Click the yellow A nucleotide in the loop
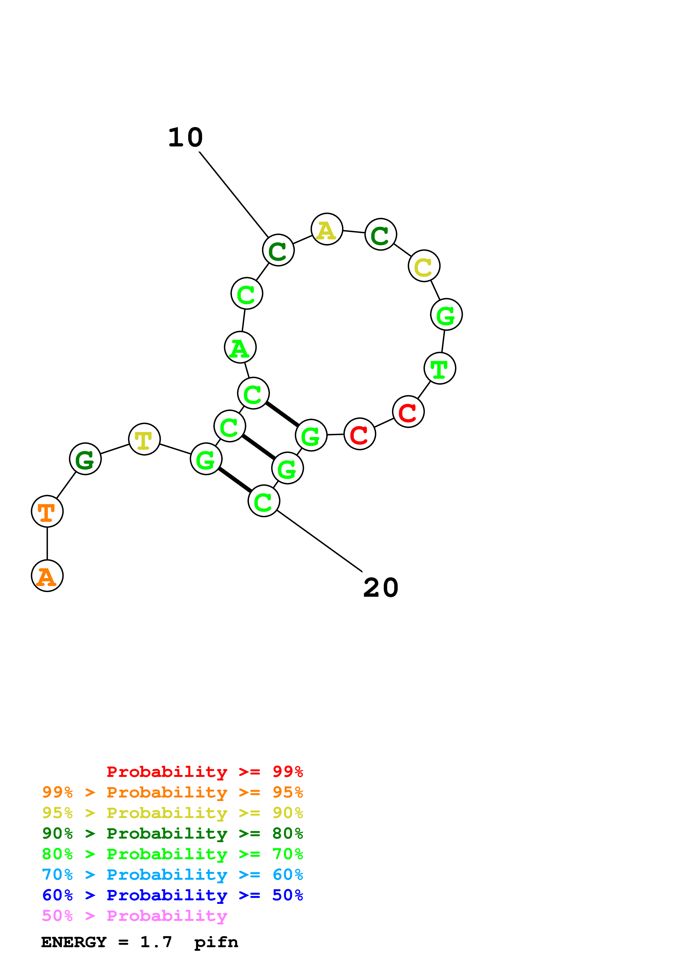coord(327,229)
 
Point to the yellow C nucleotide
coord(424,266)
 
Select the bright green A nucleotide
coord(240,347)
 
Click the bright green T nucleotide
coord(440,368)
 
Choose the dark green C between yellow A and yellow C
coord(380,234)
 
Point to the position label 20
coord(380,587)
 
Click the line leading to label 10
coord(233,194)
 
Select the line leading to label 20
coord(319,541)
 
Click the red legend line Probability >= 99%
coord(204,772)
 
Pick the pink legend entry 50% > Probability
coord(134,916)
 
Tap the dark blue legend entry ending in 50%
coord(172,895)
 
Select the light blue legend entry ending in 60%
coord(172,875)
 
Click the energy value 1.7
coord(156,942)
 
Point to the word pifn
coord(216,942)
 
